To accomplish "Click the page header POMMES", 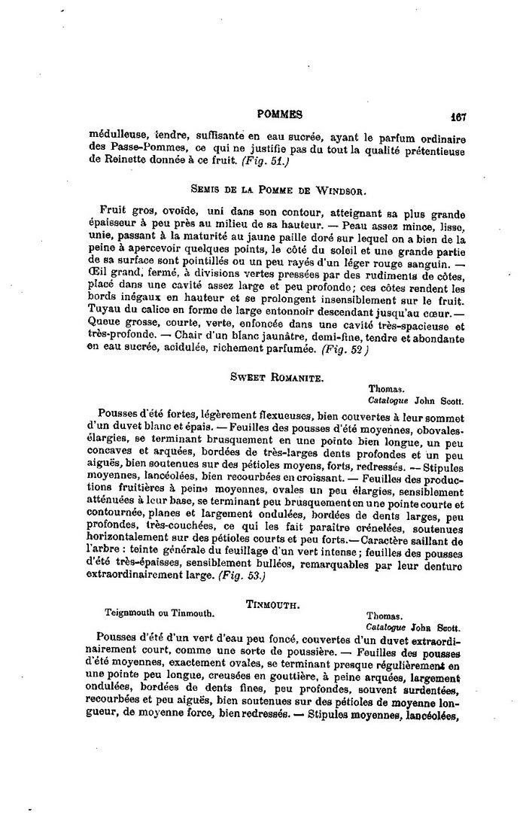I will pos(279,114).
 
